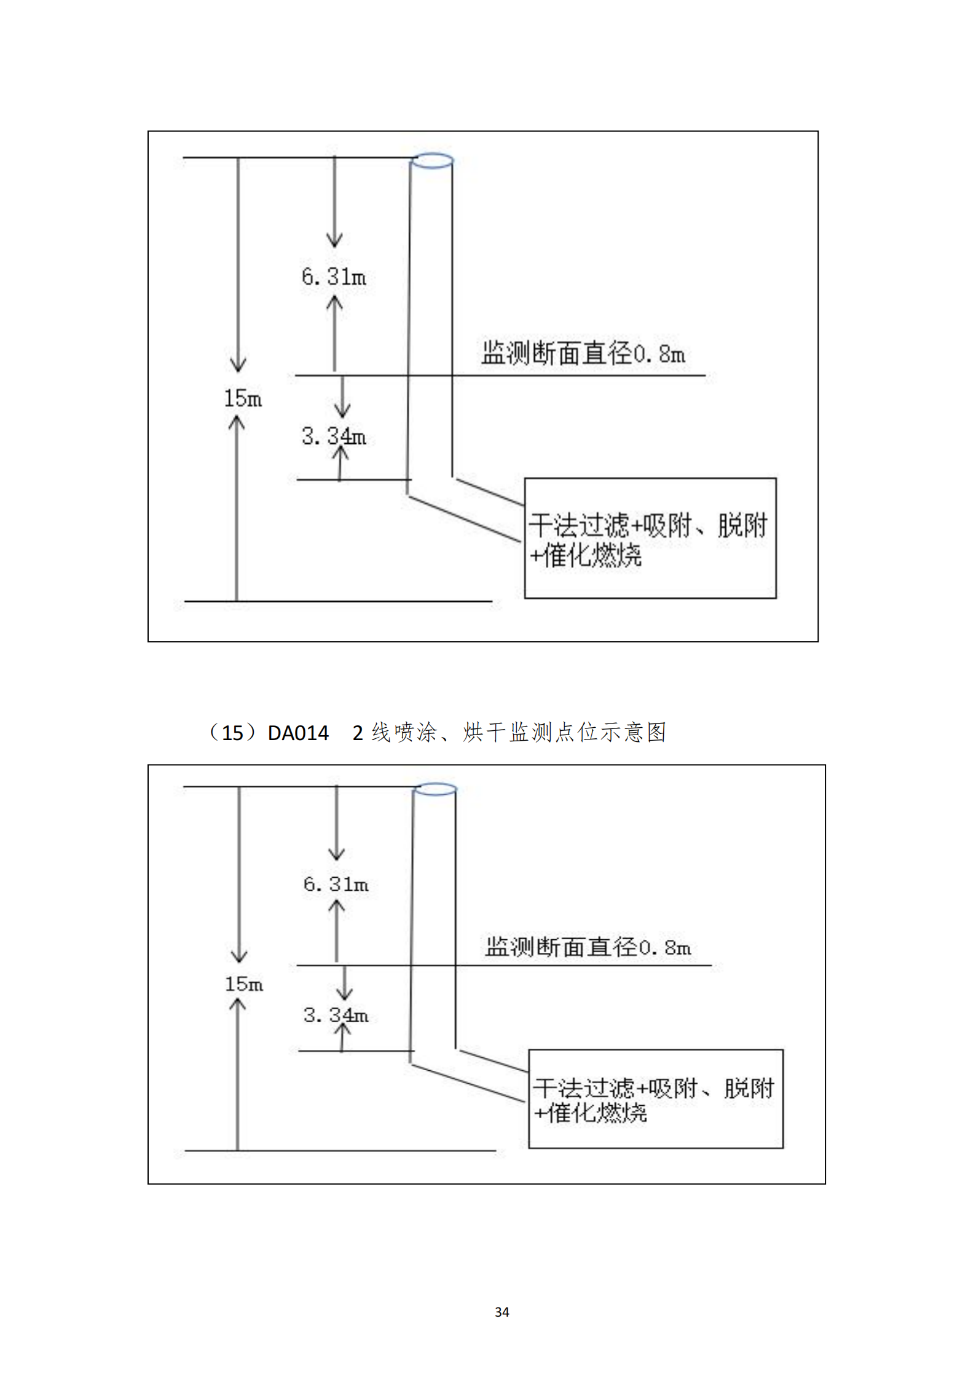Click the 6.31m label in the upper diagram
pos(334,277)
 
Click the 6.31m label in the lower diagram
pos(336,885)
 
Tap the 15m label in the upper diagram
pos(243,398)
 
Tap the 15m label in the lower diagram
pos(243,984)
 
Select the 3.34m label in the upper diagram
pos(334,436)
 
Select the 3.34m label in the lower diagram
pos(336,1015)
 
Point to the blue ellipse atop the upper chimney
pos(432,161)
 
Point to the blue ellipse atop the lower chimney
pos(435,789)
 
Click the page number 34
pos(502,1312)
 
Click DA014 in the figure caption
pos(298,733)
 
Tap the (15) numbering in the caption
pos(232,733)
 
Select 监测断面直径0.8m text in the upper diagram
pos(583,354)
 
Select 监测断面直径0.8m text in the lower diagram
pos(588,947)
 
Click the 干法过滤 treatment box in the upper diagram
pos(650,538)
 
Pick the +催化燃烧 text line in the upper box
pos(586,556)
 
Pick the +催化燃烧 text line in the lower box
pos(590,1113)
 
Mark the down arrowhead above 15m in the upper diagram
pos(238,365)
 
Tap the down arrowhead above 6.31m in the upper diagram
pos(334,240)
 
